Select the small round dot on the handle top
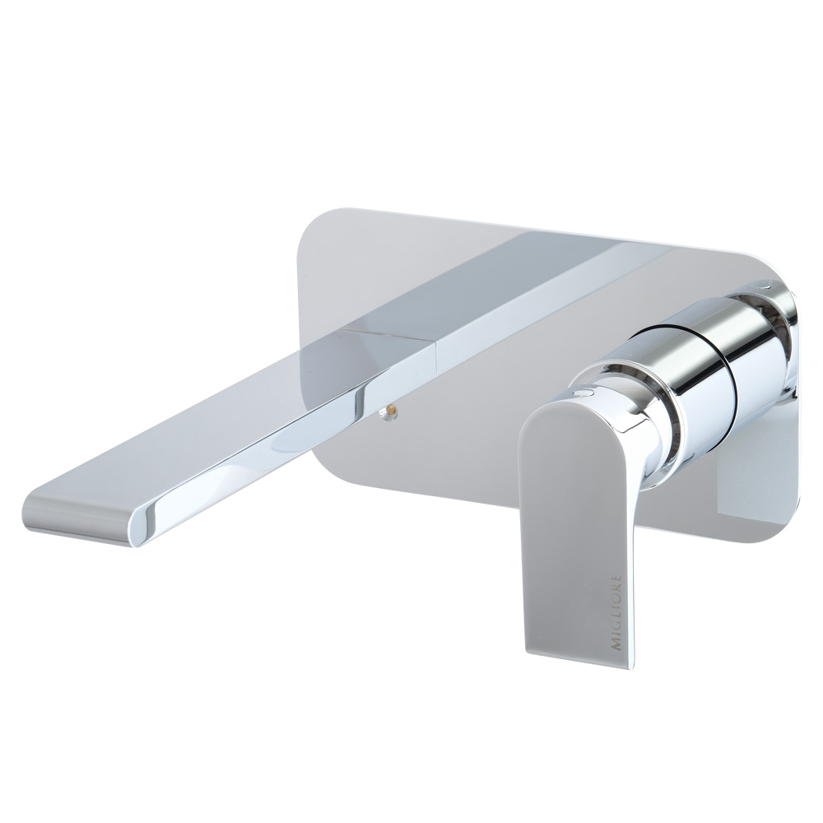pyautogui.click(x=583, y=392)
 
